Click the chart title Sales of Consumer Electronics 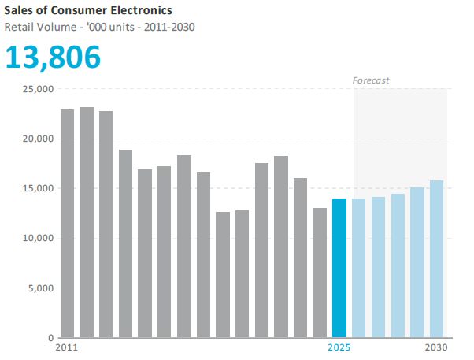[x=89, y=10]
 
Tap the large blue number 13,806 [x=54, y=57]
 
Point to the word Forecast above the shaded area [x=370, y=80]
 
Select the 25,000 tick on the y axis [x=35, y=89]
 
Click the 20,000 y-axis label [x=35, y=139]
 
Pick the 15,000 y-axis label [x=35, y=188]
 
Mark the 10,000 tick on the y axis [x=35, y=238]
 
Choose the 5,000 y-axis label [x=37, y=288]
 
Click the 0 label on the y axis [x=49, y=337]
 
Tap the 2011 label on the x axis [x=69, y=347]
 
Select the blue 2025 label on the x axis [x=339, y=347]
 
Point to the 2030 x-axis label [x=437, y=347]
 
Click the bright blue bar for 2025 [x=339, y=268]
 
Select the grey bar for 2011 [x=68, y=224]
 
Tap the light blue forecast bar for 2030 [x=437, y=259]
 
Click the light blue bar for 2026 [x=359, y=268]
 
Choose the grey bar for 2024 [x=320, y=273]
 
